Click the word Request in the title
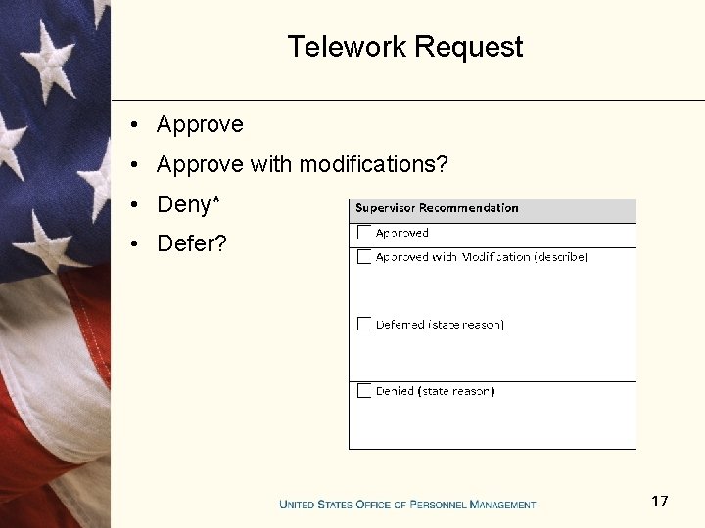pyautogui.click(x=468, y=47)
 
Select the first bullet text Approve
pyautogui.click(x=200, y=125)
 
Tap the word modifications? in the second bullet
pyautogui.click(x=373, y=165)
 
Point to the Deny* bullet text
pyautogui.click(x=189, y=204)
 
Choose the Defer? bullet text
pyautogui.click(x=192, y=243)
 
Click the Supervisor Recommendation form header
pyautogui.click(x=437, y=208)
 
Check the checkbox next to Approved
pyautogui.click(x=364, y=233)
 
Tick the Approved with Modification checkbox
pyautogui.click(x=364, y=257)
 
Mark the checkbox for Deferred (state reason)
pyautogui.click(x=364, y=324)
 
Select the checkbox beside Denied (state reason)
pyautogui.click(x=364, y=391)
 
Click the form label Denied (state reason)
pyautogui.click(x=435, y=391)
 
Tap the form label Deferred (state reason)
pyautogui.click(x=440, y=325)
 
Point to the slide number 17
pyautogui.click(x=659, y=502)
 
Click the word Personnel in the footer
pyautogui.click(x=437, y=505)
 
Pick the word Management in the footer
pyautogui.click(x=502, y=505)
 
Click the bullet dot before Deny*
pyautogui.click(x=141, y=204)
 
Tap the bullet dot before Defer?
pyautogui.click(x=141, y=243)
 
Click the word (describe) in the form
pyautogui.click(x=561, y=257)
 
